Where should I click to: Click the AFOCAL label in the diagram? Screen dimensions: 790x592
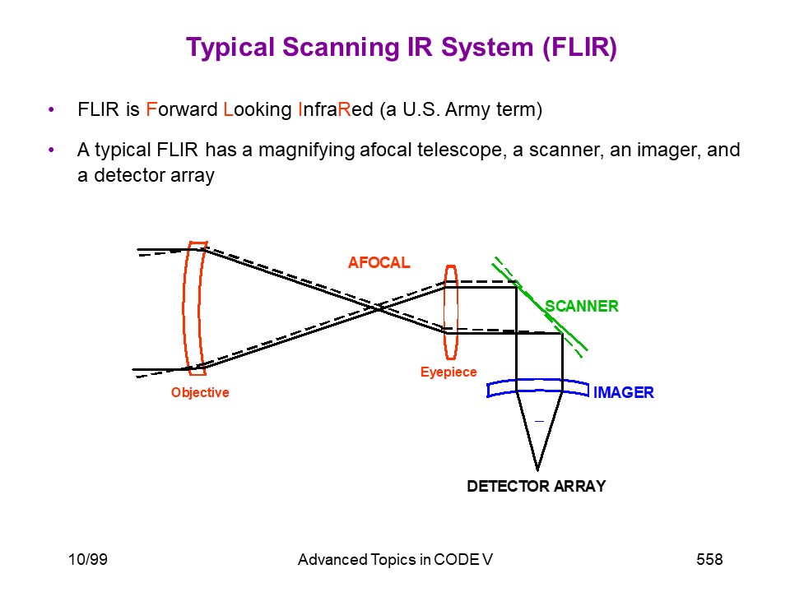point(379,262)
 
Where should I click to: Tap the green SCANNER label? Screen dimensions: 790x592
point(582,306)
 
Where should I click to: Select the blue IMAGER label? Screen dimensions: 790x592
point(623,392)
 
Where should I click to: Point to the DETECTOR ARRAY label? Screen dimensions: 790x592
point(536,486)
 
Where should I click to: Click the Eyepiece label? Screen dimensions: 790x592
point(448,372)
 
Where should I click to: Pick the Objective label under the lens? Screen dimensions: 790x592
point(200,392)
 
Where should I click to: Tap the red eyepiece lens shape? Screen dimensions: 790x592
point(451,312)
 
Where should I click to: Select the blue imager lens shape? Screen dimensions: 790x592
point(537,381)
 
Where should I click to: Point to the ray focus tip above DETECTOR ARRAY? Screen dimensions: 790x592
point(537,470)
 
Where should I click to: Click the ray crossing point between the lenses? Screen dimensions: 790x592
point(377,308)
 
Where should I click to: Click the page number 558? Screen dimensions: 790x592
point(709,559)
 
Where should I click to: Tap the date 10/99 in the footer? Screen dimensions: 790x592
point(88,559)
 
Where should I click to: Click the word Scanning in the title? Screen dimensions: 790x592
point(341,48)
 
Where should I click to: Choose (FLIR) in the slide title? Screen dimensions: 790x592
point(579,48)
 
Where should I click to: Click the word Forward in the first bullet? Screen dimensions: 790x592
point(182,109)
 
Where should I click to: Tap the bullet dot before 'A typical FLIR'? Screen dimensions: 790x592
point(51,150)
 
